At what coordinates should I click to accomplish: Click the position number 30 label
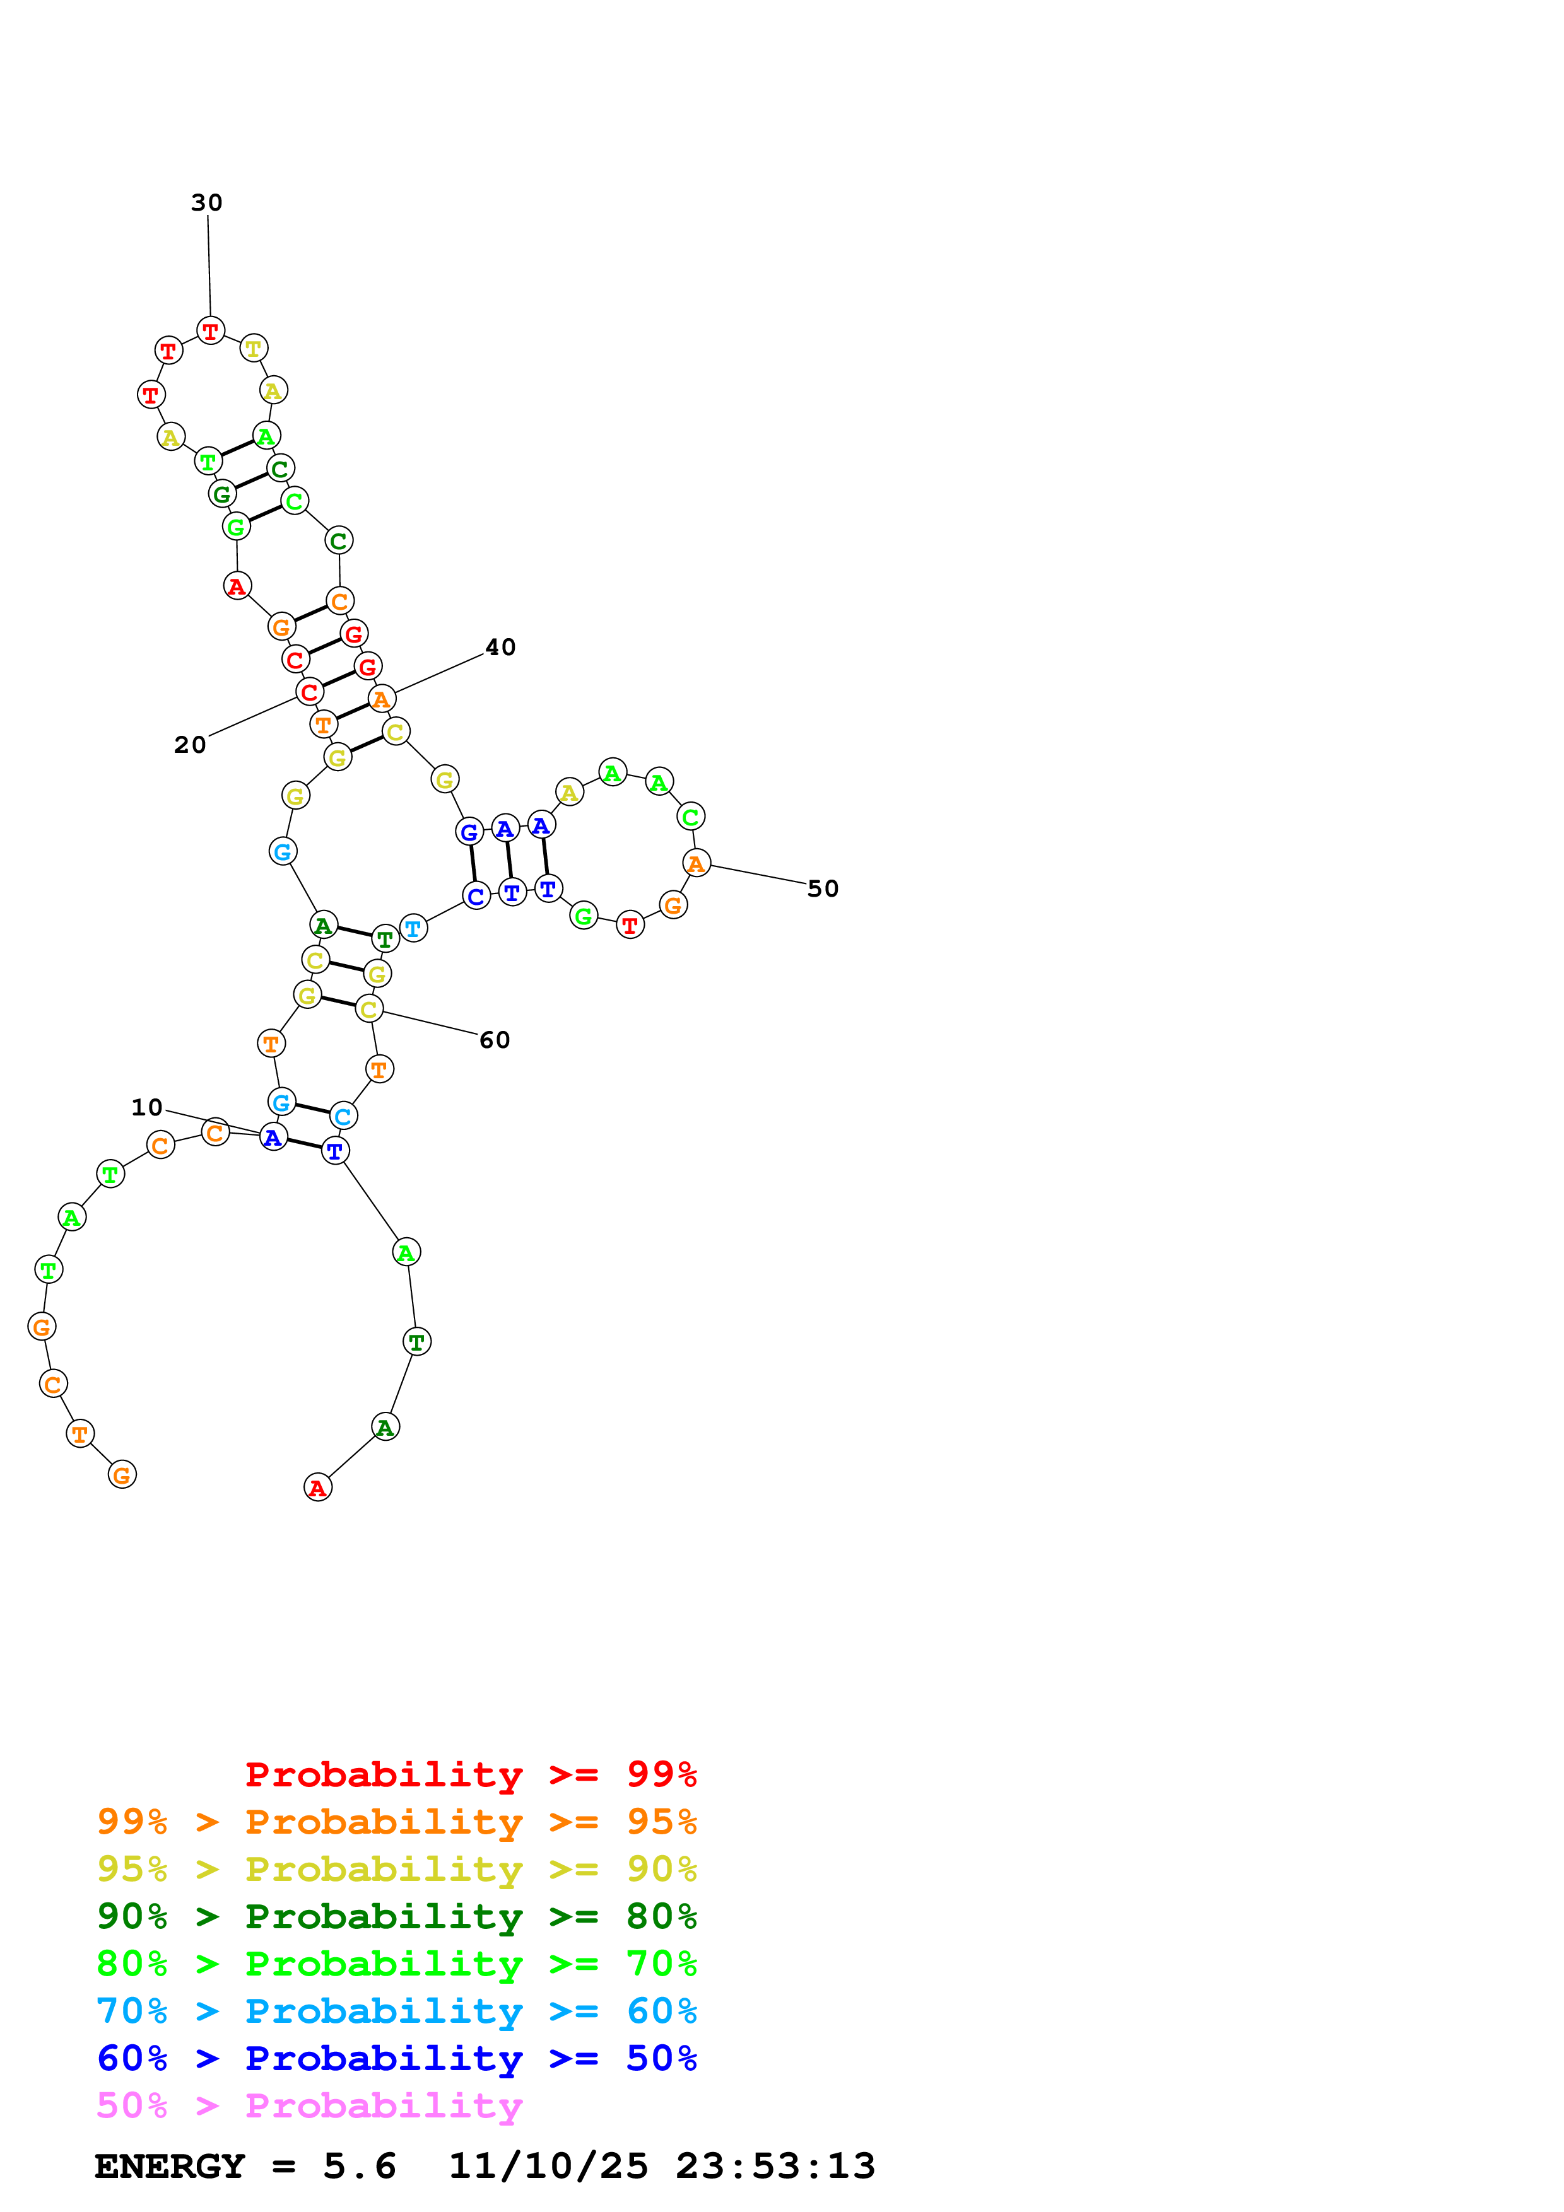[x=206, y=202]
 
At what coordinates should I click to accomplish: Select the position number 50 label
[x=822, y=888]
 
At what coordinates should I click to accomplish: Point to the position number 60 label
[x=495, y=1040]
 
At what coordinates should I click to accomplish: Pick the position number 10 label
[x=146, y=1107]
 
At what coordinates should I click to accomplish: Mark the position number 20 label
[x=190, y=745]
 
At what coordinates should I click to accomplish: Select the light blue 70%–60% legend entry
[x=396, y=2011]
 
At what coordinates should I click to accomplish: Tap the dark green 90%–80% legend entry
[x=396, y=1916]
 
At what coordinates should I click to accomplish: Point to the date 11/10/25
[x=548, y=2166]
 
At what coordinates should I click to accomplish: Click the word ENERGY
[x=170, y=2166]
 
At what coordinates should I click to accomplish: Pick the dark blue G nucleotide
[x=469, y=832]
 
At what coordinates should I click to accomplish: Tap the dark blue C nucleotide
[x=476, y=896]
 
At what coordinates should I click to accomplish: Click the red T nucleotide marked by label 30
[x=210, y=330]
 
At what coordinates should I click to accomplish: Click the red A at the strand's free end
[x=317, y=1487]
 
